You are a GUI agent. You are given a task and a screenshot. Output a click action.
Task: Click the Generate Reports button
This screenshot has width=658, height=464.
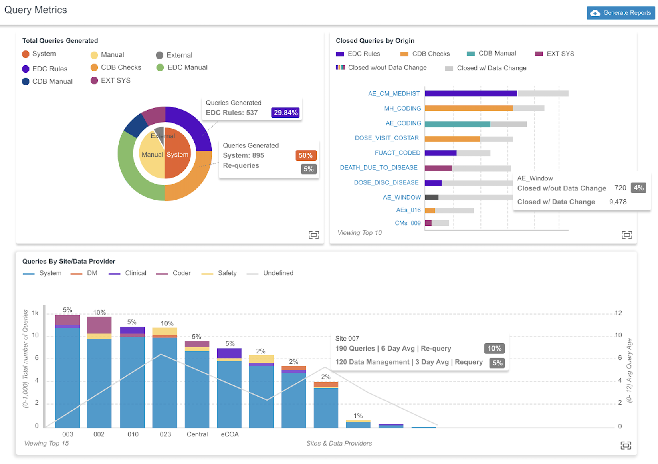coord(621,13)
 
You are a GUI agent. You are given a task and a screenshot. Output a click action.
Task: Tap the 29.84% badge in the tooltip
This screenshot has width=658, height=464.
coord(285,113)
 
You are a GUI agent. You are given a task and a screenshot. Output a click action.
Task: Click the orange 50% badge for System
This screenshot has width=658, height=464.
coord(305,155)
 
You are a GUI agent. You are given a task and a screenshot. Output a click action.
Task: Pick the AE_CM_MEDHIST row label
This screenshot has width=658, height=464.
coord(394,93)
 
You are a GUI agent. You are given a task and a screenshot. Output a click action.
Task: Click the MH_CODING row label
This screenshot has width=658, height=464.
coord(402,108)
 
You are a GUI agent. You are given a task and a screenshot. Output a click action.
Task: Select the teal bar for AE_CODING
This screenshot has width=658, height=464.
coord(457,124)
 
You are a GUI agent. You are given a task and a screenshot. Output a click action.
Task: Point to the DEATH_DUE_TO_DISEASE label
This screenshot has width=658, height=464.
coord(379,167)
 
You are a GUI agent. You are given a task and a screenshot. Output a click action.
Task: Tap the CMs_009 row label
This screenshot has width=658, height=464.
coord(408,223)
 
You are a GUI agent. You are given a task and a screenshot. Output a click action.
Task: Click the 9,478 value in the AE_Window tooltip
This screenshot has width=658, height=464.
coord(618,202)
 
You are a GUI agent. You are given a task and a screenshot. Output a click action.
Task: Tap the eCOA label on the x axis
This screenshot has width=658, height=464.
coord(230,434)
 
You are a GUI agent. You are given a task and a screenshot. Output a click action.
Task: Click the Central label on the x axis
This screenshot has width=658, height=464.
coord(197,434)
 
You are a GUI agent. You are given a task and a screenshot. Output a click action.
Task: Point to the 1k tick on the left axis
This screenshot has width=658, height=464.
coord(35,313)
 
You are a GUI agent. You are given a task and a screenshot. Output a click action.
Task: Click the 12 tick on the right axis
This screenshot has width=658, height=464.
coord(618,313)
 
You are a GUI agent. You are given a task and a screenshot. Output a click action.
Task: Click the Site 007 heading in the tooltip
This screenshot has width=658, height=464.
coord(347,339)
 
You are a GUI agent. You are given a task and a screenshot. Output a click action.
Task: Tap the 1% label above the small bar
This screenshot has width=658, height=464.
coord(358,416)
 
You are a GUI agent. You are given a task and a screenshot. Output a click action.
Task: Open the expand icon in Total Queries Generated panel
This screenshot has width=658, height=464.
coord(314,235)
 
